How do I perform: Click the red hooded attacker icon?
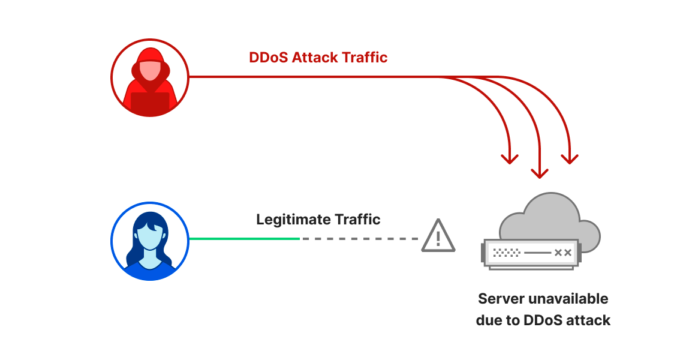[x=150, y=77]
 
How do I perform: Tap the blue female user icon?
[x=150, y=241]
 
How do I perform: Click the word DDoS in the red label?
[x=268, y=58]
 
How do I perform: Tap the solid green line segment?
[x=244, y=238]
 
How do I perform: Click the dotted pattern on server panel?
[x=506, y=253]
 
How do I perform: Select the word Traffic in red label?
[x=365, y=58]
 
